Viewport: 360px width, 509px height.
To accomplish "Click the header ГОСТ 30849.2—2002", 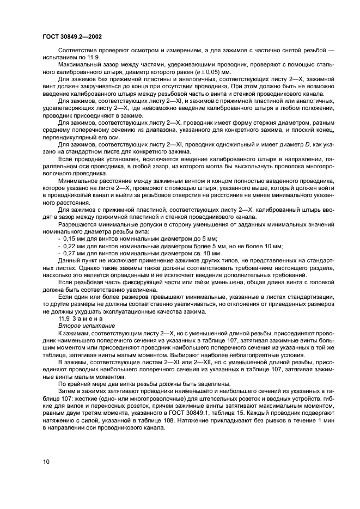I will pyautogui.click(x=71, y=35).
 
